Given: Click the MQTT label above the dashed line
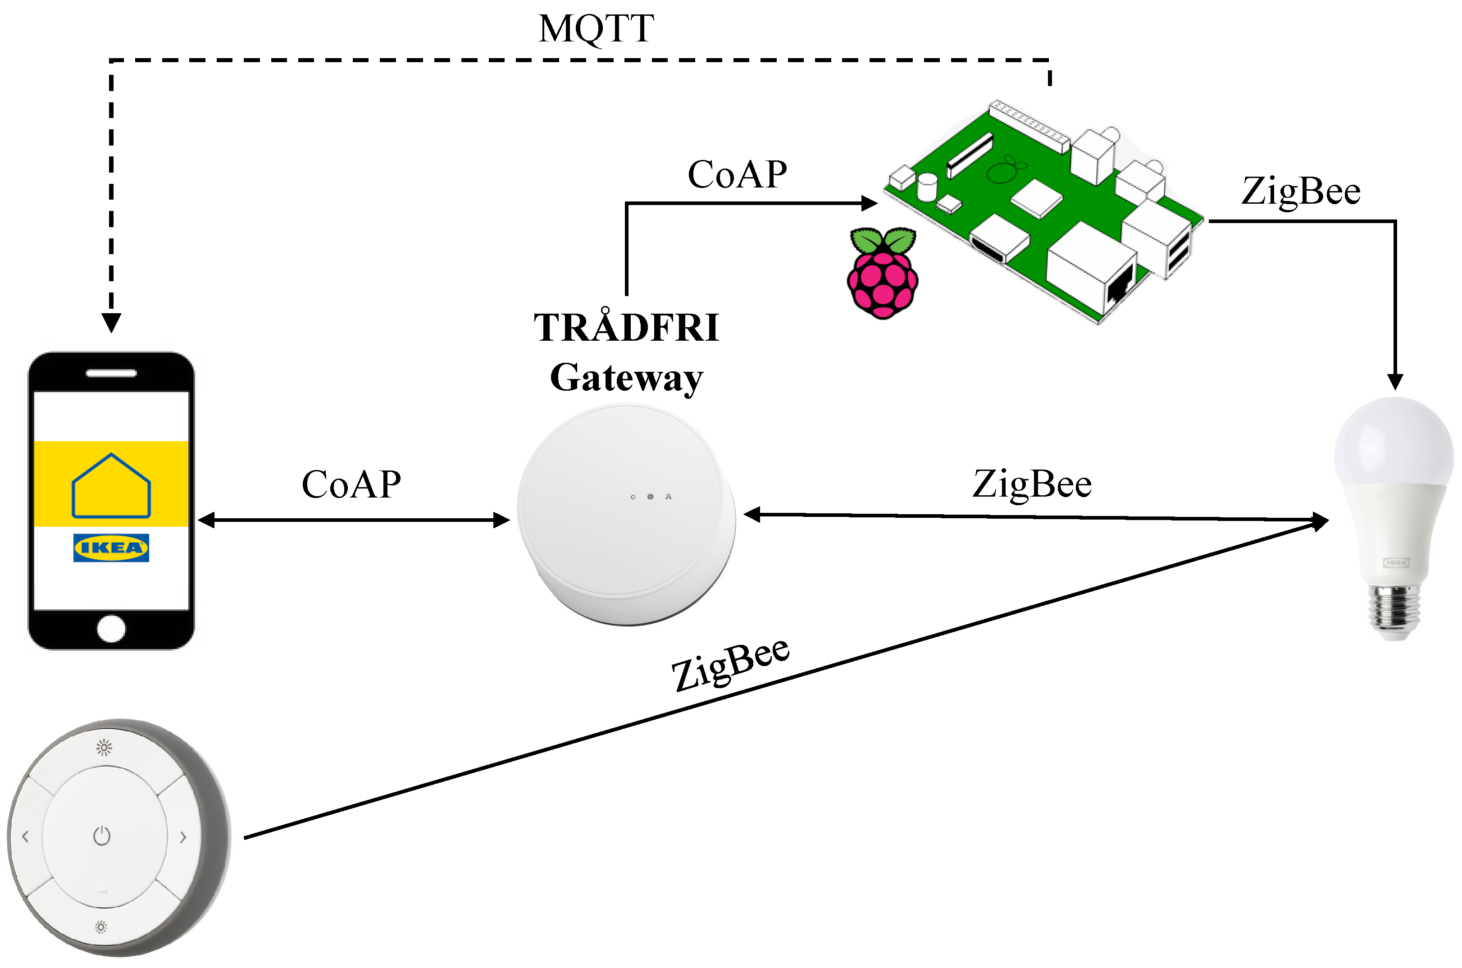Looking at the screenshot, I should [x=596, y=28].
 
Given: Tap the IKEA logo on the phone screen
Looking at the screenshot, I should [x=111, y=548].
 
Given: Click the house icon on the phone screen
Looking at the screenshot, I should [x=111, y=486].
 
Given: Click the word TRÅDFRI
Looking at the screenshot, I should [x=626, y=327].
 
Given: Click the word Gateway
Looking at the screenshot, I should [x=626, y=378].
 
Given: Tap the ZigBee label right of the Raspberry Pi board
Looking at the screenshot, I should [x=1300, y=192].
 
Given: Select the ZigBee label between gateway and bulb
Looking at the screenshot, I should [x=1032, y=484].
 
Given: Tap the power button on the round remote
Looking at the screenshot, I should [x=102, y=836].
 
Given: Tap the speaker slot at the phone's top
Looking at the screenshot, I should [x=111, y=373].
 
